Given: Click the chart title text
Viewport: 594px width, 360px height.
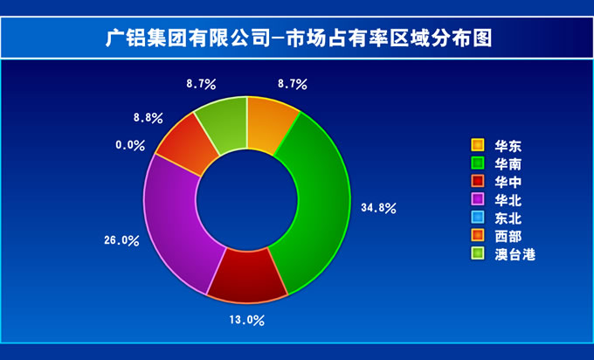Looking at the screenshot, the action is click(299, 38).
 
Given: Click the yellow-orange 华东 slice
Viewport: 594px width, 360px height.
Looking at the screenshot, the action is click(269, 125).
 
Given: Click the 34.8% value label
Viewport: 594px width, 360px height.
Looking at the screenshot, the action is click(378, 208).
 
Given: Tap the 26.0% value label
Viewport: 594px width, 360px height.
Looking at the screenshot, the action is click(121, 240).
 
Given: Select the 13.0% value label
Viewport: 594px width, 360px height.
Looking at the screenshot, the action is click(246, 320).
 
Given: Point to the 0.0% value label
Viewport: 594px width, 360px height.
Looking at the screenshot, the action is click(130, 145).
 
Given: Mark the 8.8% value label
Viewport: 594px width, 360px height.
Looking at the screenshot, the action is click(148, 118).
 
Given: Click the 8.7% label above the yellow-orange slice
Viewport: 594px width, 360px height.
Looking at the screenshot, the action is click(293, 84).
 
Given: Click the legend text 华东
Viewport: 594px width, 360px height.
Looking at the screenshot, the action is click(508, 146).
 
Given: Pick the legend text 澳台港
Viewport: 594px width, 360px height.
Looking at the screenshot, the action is click(515, 254).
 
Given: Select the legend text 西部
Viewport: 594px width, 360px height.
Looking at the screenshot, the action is click(508, 237).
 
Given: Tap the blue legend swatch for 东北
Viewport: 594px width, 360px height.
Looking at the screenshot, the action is click(478, 218).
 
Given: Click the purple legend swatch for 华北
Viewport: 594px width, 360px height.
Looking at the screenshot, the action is click(478, 199).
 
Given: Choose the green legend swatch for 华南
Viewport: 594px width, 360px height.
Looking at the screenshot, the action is click(478, 163).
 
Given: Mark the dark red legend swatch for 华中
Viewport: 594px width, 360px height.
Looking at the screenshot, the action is click(478, 181).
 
